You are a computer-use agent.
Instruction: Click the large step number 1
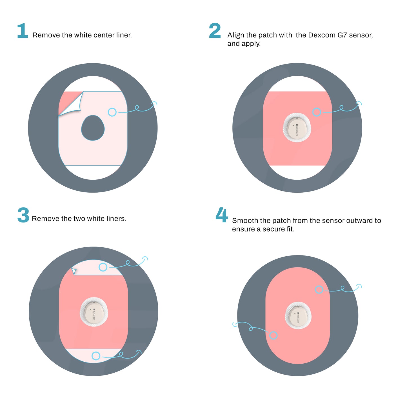coord(23,31)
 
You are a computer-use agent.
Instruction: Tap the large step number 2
coord(215,31)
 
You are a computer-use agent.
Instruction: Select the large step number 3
coord(23,215)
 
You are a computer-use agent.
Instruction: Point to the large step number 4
coord(222,215)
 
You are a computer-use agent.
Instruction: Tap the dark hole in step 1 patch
coord(93,128)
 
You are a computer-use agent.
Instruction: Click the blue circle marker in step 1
coord(112,112)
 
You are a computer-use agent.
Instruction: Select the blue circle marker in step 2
coord(317,112)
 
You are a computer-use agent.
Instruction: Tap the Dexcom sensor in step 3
coord(94,312)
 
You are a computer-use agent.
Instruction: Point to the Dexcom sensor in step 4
coord(298,315)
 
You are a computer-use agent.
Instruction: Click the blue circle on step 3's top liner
coord(103,267)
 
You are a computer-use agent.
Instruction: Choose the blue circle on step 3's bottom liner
coord(96,356)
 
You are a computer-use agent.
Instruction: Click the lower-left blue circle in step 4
coord(273,335)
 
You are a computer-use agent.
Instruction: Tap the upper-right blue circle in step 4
coord(319,289)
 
